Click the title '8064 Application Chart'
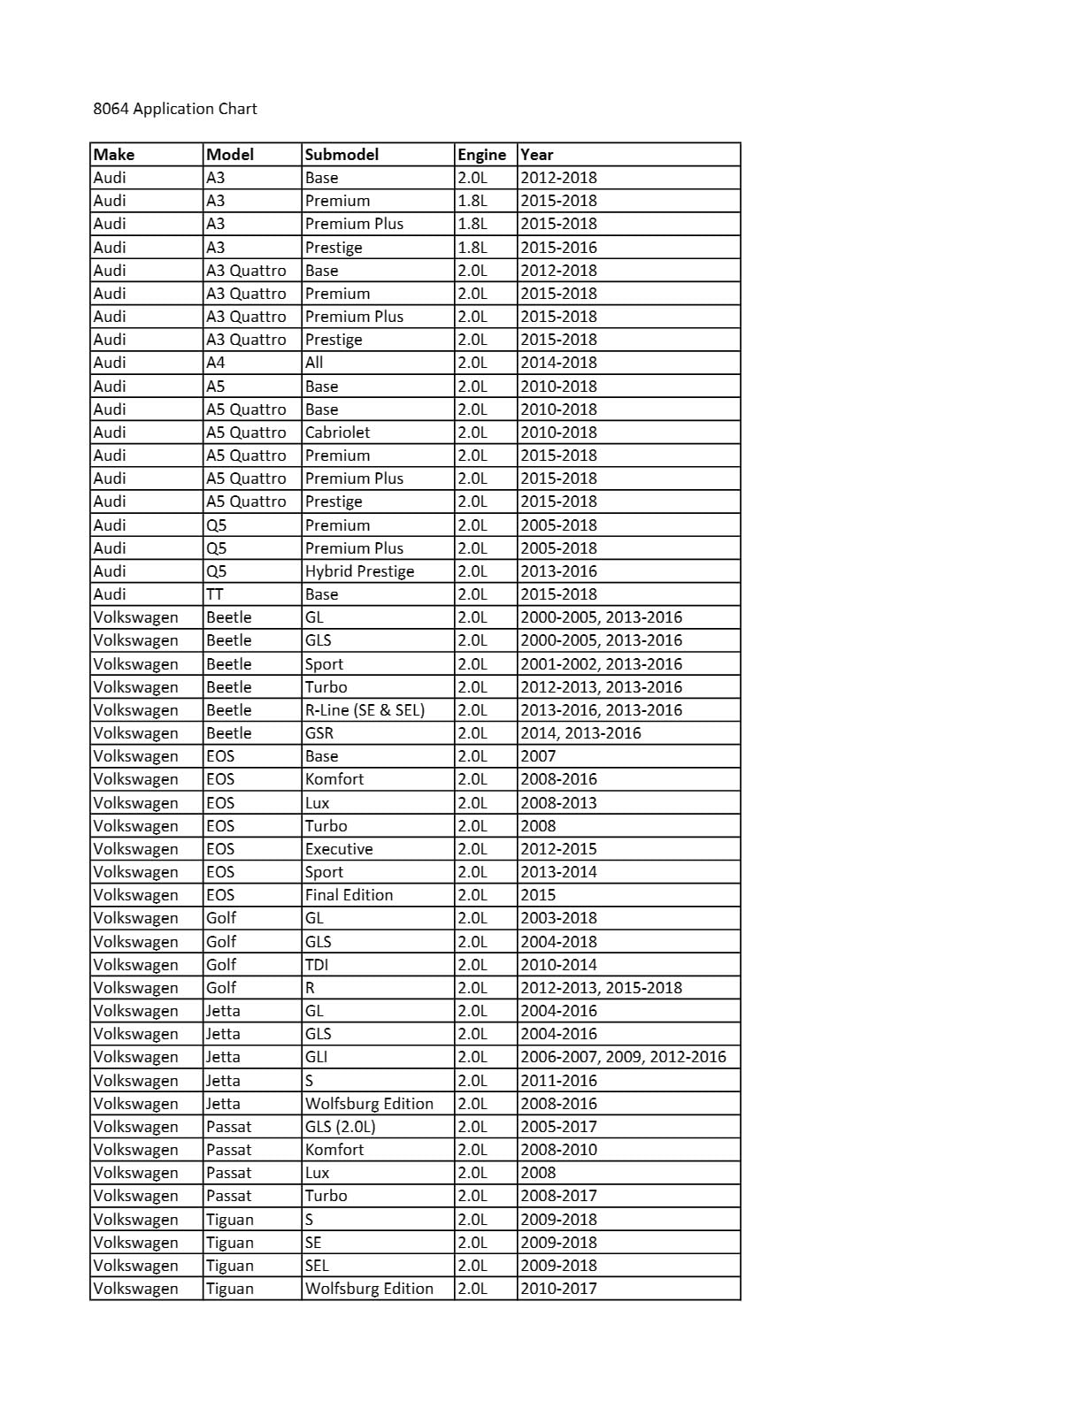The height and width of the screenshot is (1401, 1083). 175,109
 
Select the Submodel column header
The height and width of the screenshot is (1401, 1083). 342,154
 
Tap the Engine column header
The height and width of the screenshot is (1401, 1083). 481,154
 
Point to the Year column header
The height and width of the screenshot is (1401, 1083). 536,154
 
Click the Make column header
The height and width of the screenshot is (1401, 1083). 114,154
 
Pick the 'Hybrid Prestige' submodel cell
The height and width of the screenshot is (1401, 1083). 359,571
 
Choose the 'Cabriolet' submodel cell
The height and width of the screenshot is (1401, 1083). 337,433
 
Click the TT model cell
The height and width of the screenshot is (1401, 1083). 215,594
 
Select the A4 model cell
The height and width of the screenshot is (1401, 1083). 215,363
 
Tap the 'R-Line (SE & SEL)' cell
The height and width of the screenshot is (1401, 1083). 365,710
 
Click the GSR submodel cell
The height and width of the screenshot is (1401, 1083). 319,733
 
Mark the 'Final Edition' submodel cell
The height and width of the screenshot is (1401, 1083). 349,895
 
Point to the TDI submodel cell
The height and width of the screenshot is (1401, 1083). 317,965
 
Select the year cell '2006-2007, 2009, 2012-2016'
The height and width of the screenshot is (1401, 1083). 623,1057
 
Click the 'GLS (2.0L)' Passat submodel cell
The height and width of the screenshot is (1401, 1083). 341,1127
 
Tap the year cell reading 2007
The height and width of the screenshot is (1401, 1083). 538,756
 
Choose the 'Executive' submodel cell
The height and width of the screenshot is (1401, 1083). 339,849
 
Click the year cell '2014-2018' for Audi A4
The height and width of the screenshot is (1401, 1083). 558,363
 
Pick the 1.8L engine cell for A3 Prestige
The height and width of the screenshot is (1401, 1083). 472,248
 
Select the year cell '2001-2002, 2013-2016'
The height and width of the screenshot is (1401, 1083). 601,664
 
